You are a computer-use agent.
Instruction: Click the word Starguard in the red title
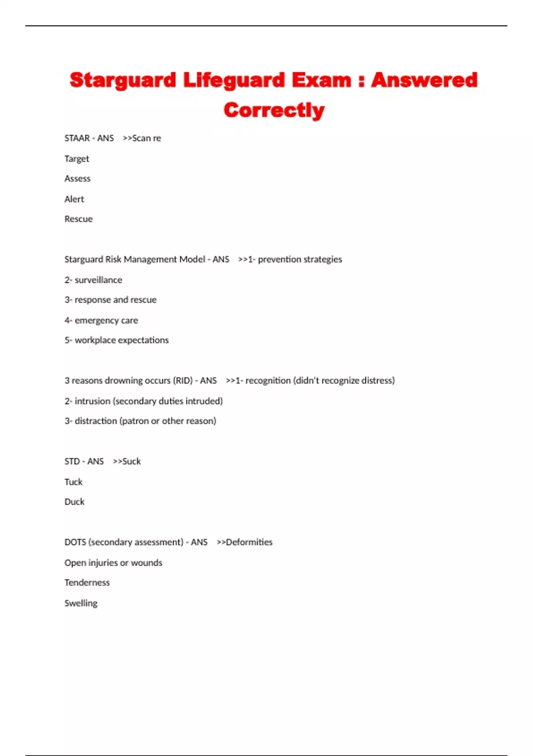pyautogui.click(x=123, y=80)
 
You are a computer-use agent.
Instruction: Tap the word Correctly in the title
pyautogui.click(x=274, y=110)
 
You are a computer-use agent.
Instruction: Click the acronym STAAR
pyautogui.click(x=77, y=138)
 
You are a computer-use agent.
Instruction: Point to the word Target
pyautogui.click(x=77, y=159)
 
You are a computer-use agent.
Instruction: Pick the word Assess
pyautogui.click(x=77, y=179)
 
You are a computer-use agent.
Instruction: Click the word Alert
pyautogui.click(x=74, y=199)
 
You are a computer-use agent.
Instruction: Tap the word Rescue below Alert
pyautogui.click(x=79, y=219)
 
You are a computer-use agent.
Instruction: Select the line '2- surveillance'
pyautogui.click(x=93, y=280)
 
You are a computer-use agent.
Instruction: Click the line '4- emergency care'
pyautogui.click(x=101, y=321)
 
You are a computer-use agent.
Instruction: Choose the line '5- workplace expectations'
pyautogui.click(x=117, y=340)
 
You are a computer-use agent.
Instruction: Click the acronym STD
pyautogui.click(x=72, y=462)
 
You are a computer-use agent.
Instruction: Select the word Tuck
pyautogui.click(x=73, y=482)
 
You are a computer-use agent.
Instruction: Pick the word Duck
pyautogui.click(x=74, y=502)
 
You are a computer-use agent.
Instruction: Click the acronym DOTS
pyautogui.click(x=75, y=543)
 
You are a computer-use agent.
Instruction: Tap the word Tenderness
pyautogui.click(x=87, y=583)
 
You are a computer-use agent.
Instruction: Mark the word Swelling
pyautogui.click(x=81, y=603)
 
